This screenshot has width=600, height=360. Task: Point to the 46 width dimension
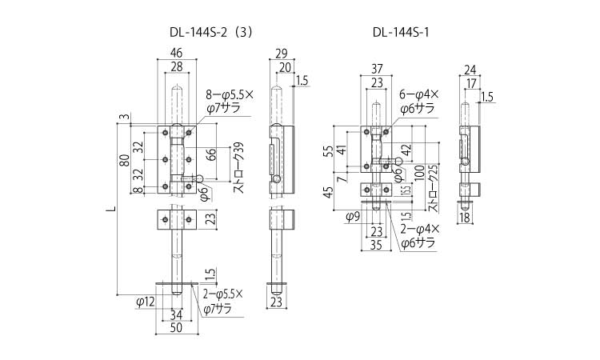[x=175, y=53]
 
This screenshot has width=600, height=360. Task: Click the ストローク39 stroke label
[x=238, y=169]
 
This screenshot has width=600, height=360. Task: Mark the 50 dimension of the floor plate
[x=175, y=327]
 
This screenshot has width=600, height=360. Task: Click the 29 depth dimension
[x=280, y=53]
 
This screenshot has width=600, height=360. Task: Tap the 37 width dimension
[x=375, y=68]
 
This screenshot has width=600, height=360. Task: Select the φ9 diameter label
[x=351, y=216]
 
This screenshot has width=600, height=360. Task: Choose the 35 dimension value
[x=375, y=246]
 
